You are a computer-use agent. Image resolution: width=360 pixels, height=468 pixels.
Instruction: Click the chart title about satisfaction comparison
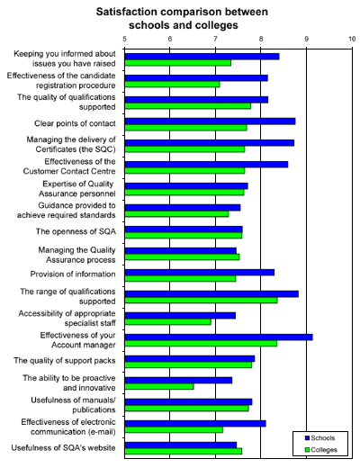(x=182, y=18)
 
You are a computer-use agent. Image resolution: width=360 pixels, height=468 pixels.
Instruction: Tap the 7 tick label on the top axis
(x=215, y=39)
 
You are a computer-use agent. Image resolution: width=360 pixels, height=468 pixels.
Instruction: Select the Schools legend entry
(x=319, y=438)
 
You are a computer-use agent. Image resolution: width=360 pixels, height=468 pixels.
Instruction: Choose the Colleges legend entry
(x=320, y=450)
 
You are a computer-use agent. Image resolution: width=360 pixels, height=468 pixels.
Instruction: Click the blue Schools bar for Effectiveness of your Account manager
(x=219, y=337)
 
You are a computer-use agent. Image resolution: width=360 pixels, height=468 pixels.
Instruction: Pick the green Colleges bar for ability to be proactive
(x=159, y=386)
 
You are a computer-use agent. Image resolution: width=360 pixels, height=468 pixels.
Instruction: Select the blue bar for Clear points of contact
(x=210, y=121)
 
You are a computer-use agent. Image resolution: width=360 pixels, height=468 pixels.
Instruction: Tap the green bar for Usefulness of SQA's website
(x=184, y=451)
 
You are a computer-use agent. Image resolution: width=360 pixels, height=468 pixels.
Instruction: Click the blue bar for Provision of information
(x=200, y=273)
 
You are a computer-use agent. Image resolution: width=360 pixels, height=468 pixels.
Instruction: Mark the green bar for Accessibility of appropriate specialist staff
(x=167, y=322)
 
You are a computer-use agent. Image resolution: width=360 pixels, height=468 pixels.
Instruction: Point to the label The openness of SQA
(x=76, y=231)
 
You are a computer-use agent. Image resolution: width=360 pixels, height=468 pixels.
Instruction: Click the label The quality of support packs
(x=65, y=360)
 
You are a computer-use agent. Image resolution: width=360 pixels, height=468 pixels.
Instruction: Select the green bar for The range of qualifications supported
(x=201, y=301)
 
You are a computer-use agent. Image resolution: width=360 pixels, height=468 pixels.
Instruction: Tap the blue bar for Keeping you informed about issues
(x=202, y=57)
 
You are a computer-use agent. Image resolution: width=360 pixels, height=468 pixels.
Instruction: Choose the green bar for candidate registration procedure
(x=172, y=85)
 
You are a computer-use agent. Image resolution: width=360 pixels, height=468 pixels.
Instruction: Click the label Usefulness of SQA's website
(x=63, y=447)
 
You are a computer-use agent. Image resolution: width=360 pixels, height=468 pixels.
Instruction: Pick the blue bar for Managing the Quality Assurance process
(x=181, y=251)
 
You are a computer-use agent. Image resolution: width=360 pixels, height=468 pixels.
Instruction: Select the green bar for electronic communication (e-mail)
(x=174, y=429)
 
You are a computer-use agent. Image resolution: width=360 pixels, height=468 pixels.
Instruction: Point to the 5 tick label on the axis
(x=124, y=39)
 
